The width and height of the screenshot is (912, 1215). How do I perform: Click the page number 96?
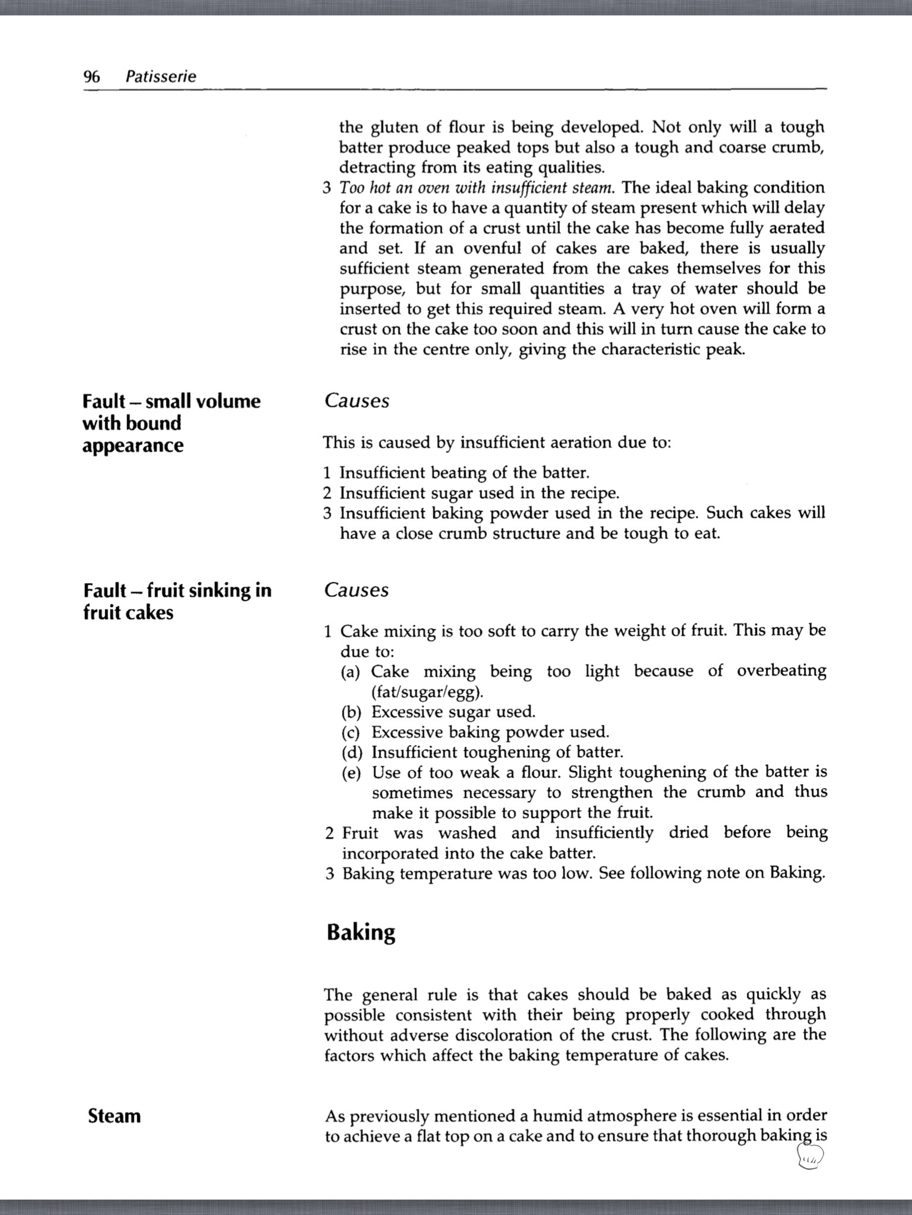[x=91, y=77]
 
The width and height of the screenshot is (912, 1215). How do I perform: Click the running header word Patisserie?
[x=161, y=77]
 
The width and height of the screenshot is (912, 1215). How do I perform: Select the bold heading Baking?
[x=360, y=932]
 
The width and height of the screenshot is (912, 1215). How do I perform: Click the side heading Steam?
[x=114, y=1116]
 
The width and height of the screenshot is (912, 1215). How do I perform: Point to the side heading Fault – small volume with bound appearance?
[x=171, y=423]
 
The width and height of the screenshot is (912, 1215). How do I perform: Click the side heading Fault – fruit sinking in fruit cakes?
[x=177, y=601]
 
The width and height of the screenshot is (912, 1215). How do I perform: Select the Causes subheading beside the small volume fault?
[x=356, y=401]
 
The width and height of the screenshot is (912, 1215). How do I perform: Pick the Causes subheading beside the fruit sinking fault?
[x=356, y=590]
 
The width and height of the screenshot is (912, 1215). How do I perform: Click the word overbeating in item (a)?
[x=781, y=671]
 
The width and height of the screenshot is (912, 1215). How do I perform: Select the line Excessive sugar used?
[x=454, y=712]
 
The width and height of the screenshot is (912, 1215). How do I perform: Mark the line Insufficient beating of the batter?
[x=464, y=473]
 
